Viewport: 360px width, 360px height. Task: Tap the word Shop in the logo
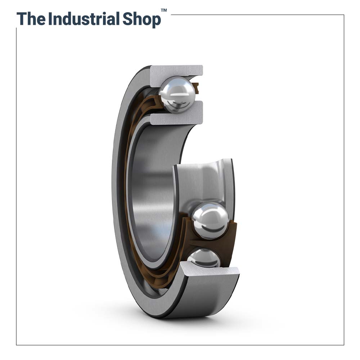point(142,20)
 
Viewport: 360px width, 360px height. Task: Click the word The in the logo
point(31,19)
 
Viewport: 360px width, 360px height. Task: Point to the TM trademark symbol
point(164,10)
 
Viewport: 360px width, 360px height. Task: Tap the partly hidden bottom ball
point(203,258)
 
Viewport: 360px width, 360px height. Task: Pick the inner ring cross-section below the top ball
point(176,114)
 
